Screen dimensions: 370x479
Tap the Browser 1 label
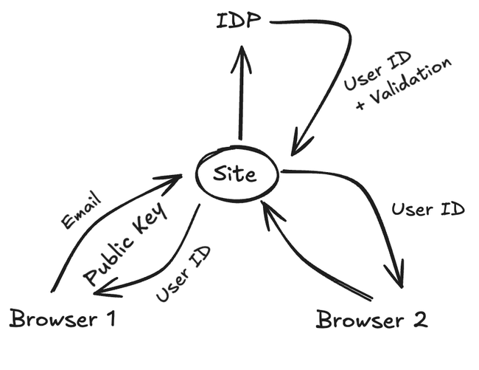pyautogui.click(x=63, y=320)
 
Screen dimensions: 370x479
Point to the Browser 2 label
pyautogui.click(x=371, y=321)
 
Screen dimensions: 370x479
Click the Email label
pyautogui.click(x=81, y=210)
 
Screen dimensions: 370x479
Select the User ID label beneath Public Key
pyautogui.click(x=184, y=274)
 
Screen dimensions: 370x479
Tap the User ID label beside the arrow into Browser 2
pyautogui.click(x=427, y=209)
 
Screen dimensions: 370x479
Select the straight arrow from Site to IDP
pyautogui.click(x=240, y=96)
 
